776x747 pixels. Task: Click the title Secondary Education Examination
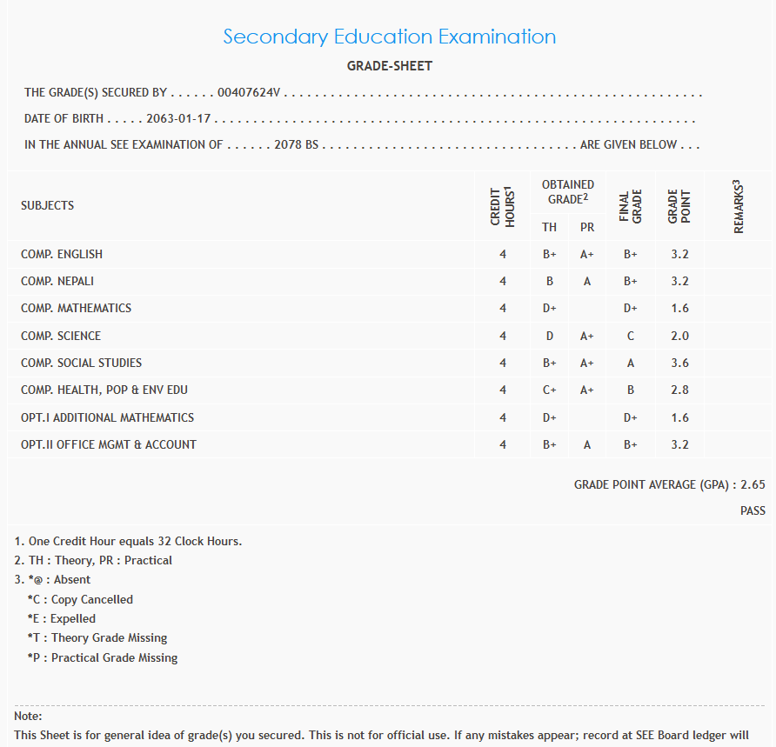pyautogui.click(x=389, y=37)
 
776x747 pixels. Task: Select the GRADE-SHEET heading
pyautogui.click(x=389, y=66)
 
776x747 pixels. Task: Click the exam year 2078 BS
pyautogui.click(x=296, y=144)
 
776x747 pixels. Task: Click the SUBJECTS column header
pyautogui.click(x=47, y=206)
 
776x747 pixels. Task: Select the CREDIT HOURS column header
pyautogui.click(x=503, y=207)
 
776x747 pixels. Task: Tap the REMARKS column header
pyautogui.click(x=739, y=207)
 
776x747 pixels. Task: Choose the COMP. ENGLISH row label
pyautogui.click(x=62, y=254)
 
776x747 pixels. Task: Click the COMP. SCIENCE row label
pyautogui.click(x=61, y=336)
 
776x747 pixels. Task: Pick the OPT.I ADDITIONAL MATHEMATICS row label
pyautogui.click(x=107, y=417)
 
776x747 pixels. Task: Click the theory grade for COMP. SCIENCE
pyautogui.click(x=549, y=336)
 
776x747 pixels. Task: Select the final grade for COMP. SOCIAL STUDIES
pyautogui.click(x=630, y=363)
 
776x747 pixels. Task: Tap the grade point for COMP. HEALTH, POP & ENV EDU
pyautogui.click(x=679, y=390)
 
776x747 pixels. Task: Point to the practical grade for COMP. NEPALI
pyautogui.click(x=587, y=281)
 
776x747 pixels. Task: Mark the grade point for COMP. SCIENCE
pyautogui.click(x=679, y=336)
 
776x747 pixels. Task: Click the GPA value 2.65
pyautogui.click(x=753, y=484)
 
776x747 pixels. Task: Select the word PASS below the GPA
pyautogui.click(x=753, y=510)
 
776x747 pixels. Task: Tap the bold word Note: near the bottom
pyautogui.click(x=29, y=716)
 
